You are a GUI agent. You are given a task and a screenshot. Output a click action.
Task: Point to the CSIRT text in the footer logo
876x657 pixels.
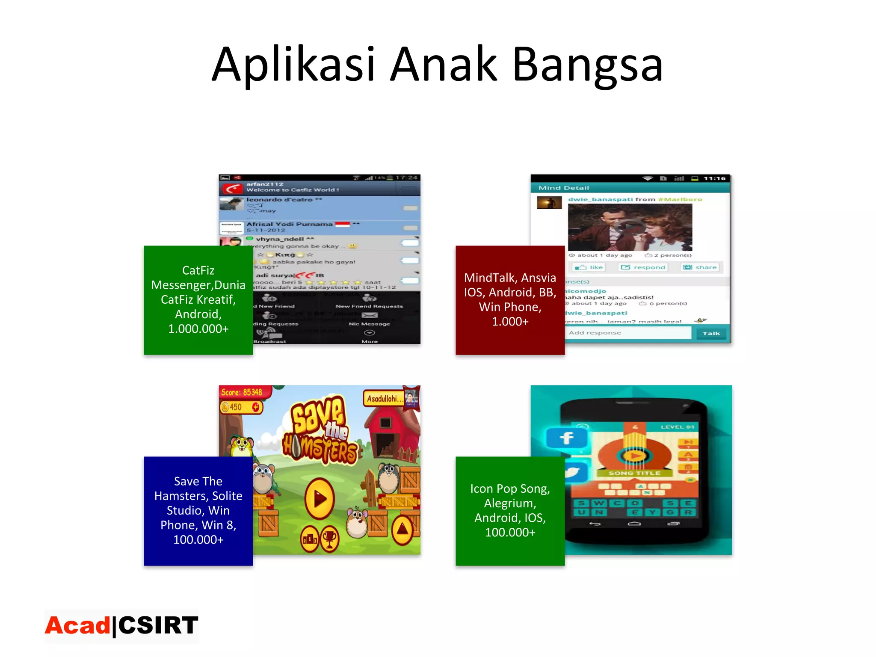point(158,626)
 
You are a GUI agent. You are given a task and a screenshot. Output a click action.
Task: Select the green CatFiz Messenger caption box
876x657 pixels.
point(198,300)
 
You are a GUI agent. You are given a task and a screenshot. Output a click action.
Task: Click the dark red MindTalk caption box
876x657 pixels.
point(510,300)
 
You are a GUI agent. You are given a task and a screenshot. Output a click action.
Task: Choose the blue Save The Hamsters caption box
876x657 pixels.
point(198,511)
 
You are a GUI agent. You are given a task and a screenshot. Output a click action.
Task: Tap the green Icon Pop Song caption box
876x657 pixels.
point(510,511)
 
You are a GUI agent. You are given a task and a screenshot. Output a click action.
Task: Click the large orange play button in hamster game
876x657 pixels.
point(320,498)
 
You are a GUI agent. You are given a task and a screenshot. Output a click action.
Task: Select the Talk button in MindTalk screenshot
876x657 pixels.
point(711,333)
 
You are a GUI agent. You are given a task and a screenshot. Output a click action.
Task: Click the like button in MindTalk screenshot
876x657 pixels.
point(589,267)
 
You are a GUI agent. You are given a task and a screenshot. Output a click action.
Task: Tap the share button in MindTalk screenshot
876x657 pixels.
point(700,267)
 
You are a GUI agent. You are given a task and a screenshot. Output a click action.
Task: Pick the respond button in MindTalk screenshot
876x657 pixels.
point(643,267)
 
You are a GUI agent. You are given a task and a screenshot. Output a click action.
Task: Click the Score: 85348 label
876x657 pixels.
point(242,392)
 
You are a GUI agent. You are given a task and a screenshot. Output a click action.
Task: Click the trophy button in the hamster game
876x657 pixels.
point(329,539)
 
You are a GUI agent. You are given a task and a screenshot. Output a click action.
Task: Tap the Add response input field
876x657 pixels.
point(627,333)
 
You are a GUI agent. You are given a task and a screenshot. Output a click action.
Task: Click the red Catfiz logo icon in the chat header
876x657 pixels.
point(232,188)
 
